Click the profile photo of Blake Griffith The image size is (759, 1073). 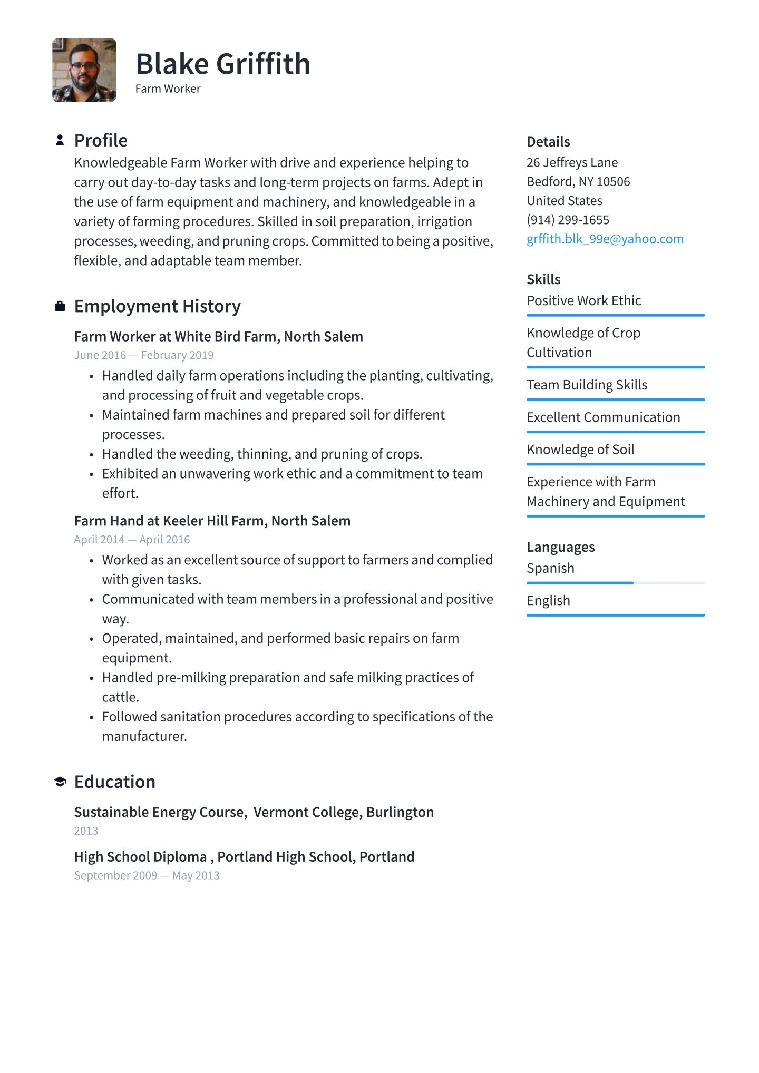click(84, 70)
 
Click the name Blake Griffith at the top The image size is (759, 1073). click(222, 64)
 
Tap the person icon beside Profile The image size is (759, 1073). click(60, 140)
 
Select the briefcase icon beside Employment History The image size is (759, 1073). click(60, 306)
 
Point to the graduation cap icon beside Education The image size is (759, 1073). click(60, 782)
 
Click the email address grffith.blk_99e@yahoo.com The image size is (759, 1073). click(605, 239)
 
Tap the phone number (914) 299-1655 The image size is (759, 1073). click(568, 220)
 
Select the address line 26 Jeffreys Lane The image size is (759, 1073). click(572, 162)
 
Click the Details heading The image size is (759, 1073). click(548, 142)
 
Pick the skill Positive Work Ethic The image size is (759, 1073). click(583, 300)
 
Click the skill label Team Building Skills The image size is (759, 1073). click(587, 385)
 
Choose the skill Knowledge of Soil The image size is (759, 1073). click(580, 450)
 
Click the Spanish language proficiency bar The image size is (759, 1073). click(615, 583)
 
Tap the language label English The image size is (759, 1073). click(548, 601)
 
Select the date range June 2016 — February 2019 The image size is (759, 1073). click(144, 355)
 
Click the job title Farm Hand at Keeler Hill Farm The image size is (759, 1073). click(212, 521)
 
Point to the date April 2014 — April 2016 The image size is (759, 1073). click(132, 540)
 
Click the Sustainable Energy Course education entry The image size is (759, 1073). click(254, 812)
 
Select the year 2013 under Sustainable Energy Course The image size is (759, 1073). click(86, 831)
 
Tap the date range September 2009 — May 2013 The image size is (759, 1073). click(147, 875)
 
